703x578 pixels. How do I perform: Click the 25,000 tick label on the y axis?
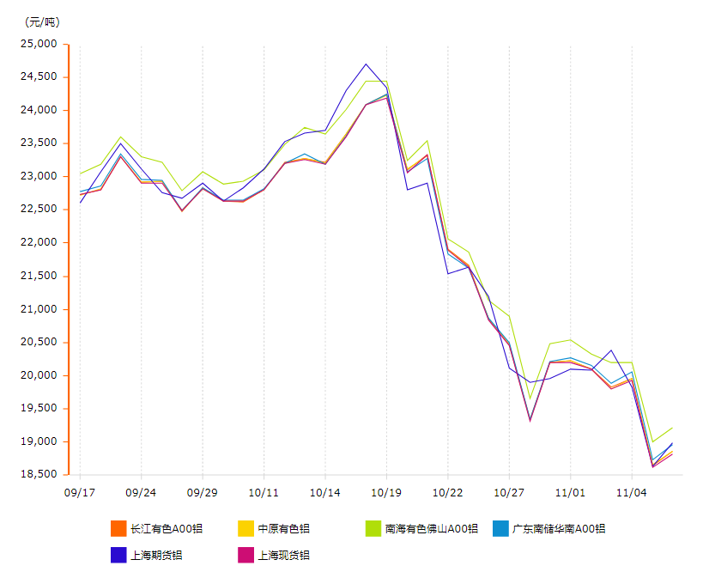(39, 44)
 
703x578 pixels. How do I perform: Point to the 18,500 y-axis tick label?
(39, 474)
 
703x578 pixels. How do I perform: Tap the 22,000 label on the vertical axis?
(39, 242)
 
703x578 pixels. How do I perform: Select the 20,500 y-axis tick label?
(39, 342)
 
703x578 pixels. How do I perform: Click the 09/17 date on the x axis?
(80, 492)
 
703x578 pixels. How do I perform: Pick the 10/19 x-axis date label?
(386, 492)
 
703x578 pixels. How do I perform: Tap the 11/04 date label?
(632, 492)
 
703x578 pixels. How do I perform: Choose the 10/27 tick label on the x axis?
(509, 492)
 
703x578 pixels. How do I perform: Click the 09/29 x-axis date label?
(203, 492)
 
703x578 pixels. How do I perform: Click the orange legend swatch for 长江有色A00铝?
(119, 528)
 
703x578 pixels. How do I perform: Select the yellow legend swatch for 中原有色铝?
(245, 528)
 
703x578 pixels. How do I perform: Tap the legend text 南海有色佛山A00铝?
(431, 528)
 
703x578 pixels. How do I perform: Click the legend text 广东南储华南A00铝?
(558, 528)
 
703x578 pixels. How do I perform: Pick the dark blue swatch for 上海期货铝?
(119, 555)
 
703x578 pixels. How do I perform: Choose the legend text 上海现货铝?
(283, 555)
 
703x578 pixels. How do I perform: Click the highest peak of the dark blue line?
(367, 64)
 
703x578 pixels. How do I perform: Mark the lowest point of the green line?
(652, 441)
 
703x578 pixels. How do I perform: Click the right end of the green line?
(672, 428)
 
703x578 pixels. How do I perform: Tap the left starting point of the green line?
(80, 173)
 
